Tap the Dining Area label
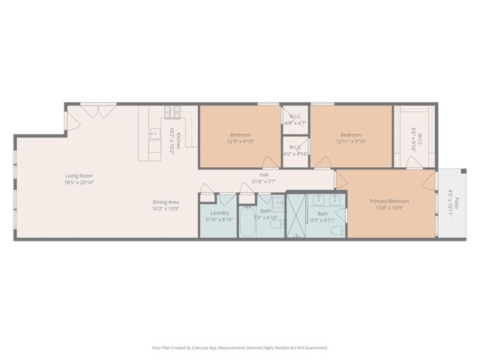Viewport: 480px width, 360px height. click(165, 202)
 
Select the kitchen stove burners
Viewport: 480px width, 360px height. click(172, 113)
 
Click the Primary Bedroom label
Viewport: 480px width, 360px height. click(388, 201)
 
